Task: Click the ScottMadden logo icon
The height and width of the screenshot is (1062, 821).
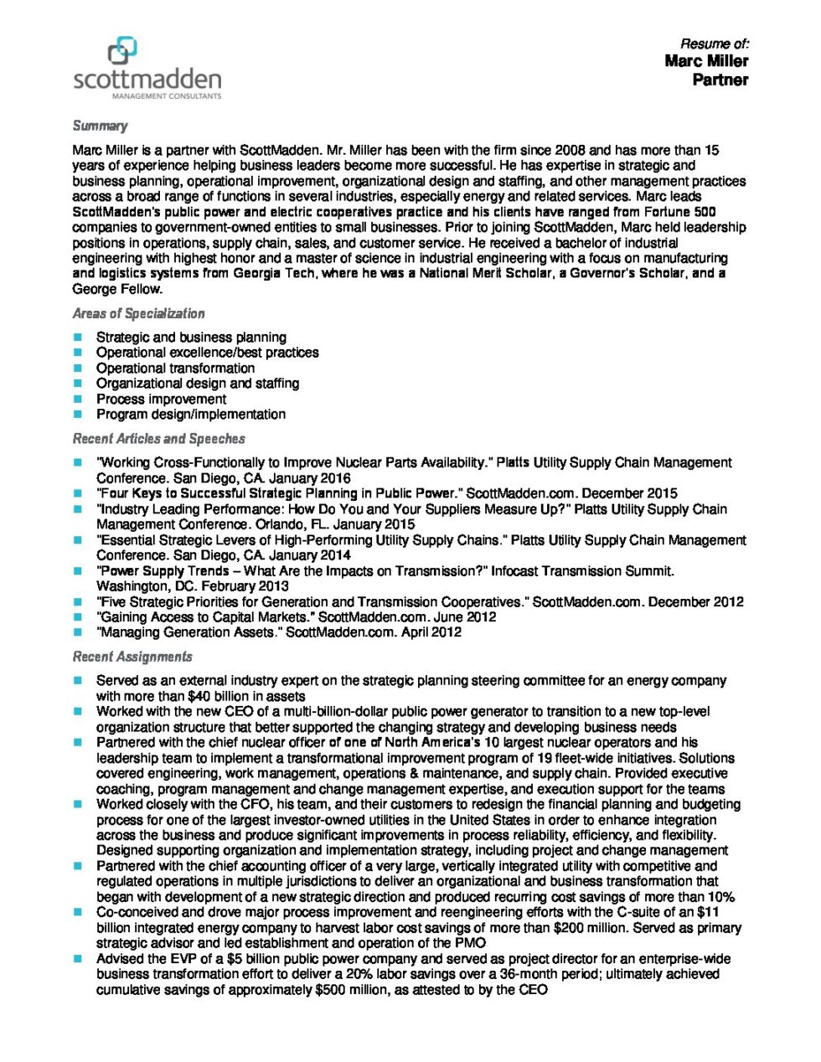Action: pyautogui.click(x=122, y=49)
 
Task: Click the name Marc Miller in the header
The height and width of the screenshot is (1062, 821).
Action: pyautogui.click(x=706, y=61)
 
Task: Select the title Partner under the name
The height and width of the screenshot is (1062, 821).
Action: pyautogui.click(x=720, y=80)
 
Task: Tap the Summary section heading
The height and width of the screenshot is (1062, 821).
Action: pyautogui.click(x=100, y=126)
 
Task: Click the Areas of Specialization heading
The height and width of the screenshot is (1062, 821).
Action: pyautogui.click(x=138, y=313)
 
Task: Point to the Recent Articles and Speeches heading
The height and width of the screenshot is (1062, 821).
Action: pyautogui.click(x=158, y=438)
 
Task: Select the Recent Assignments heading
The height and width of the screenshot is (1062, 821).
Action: pyautogui.click(x=132, y=657)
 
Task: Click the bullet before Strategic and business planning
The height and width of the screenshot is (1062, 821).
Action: pyautogui.click(x=78, y=338)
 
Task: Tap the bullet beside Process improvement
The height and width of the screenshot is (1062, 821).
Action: pyautogui.click(x=78, y=400)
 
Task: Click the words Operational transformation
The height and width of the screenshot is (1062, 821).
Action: pyautogui.click(x=175, y=368)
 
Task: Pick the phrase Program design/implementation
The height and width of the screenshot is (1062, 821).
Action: pyautogui.click(x=190, y=415)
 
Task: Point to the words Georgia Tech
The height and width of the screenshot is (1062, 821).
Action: pyautogui.click(x=279, y=274)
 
